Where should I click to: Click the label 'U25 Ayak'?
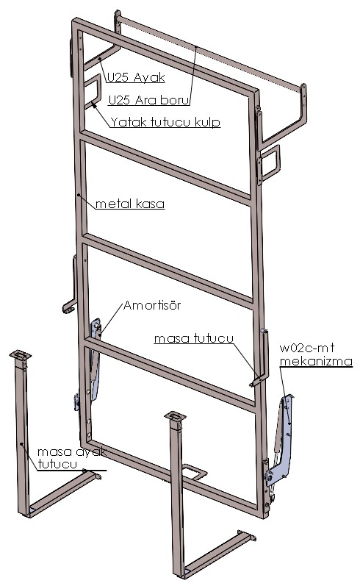(x=136, y=77)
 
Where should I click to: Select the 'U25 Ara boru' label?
(x=148, y=100)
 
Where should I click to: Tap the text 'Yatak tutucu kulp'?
(x=165, y=122)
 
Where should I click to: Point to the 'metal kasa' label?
(x=129, y=204)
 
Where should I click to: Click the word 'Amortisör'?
(x=152, y=305)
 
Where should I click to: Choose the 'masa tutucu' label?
(x=194, y=338)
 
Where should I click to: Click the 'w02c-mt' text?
(x=306, y=348)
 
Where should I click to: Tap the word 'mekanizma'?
(x=316, y=362)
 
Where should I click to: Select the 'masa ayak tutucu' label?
(x=72, y=458)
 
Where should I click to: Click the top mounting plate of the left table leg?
(x=20, y=354)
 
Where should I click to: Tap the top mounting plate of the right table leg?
(x=175, y=416)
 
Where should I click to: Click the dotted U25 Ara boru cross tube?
(x=211, y=52)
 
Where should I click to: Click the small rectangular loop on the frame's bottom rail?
(x=195, y=471)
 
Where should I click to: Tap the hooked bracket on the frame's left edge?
(x=71, y=284)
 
